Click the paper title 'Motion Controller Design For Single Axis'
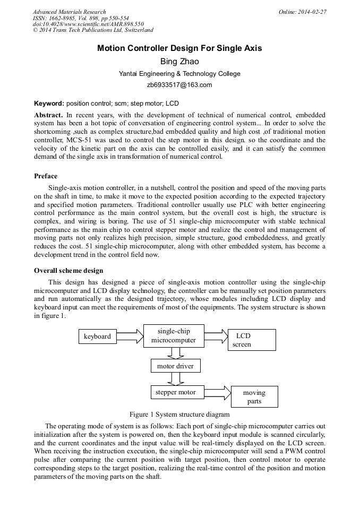179,48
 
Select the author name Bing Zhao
179,62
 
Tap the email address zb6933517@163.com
179,84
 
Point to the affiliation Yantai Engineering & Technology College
179,74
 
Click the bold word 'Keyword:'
49,103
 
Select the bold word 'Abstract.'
48,115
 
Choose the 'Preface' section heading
46,176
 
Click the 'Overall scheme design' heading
68,271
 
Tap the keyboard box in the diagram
98,337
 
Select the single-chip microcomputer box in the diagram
174,336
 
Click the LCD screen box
252,340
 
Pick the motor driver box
175,366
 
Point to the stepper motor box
175,393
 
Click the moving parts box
254,397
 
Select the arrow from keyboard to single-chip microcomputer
131,336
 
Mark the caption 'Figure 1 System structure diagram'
179,414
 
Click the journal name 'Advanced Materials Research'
70,12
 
